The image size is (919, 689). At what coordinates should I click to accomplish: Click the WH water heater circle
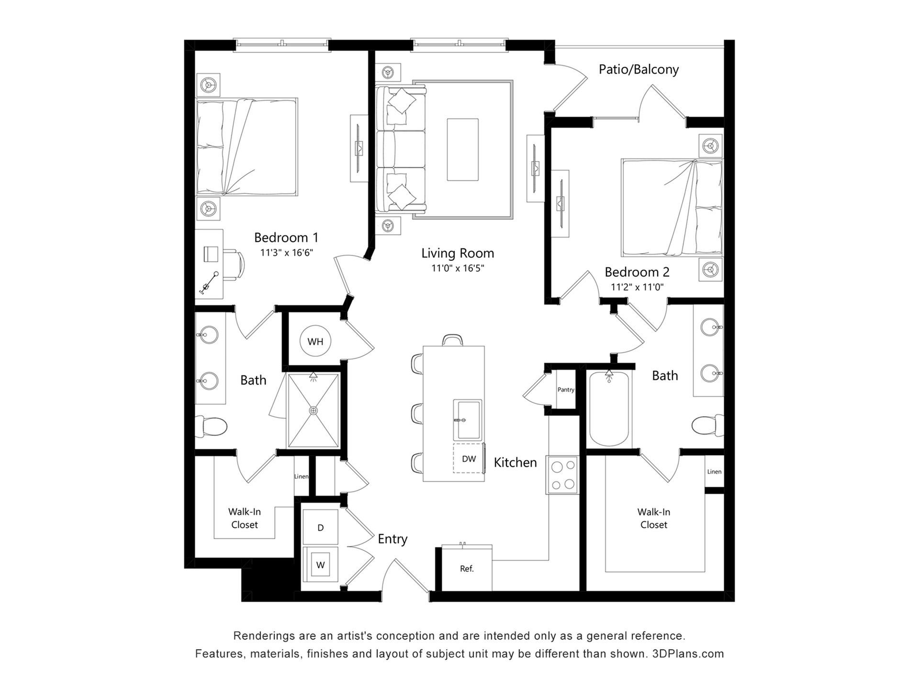point(315,341)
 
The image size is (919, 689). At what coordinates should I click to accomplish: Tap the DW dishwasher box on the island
point(469,458)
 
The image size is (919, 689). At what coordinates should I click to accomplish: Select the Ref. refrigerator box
point(467,568)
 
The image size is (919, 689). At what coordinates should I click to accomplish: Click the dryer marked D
point(320,527)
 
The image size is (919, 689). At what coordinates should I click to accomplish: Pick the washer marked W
point(320,565)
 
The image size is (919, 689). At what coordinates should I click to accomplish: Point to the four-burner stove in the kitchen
point(562,475)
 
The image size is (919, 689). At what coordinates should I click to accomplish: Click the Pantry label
point(566,389)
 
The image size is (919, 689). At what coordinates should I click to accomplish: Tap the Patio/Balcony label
point(639,69)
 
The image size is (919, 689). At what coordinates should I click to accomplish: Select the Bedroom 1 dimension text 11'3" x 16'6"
point(286,253)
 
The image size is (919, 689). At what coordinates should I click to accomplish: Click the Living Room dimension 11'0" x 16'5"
point(458,268)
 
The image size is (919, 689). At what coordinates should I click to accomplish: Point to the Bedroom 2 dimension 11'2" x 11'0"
point(637,287)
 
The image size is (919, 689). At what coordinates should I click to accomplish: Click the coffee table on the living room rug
point(462,149)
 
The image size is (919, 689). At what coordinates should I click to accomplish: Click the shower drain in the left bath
point(314,411)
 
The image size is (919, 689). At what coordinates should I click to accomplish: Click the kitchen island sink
point(467,420)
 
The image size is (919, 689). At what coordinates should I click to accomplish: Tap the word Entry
point(392,539)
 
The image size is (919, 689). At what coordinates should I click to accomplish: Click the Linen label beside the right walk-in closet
point(714,472)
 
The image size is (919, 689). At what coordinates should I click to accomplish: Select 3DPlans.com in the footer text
point(688,654)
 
